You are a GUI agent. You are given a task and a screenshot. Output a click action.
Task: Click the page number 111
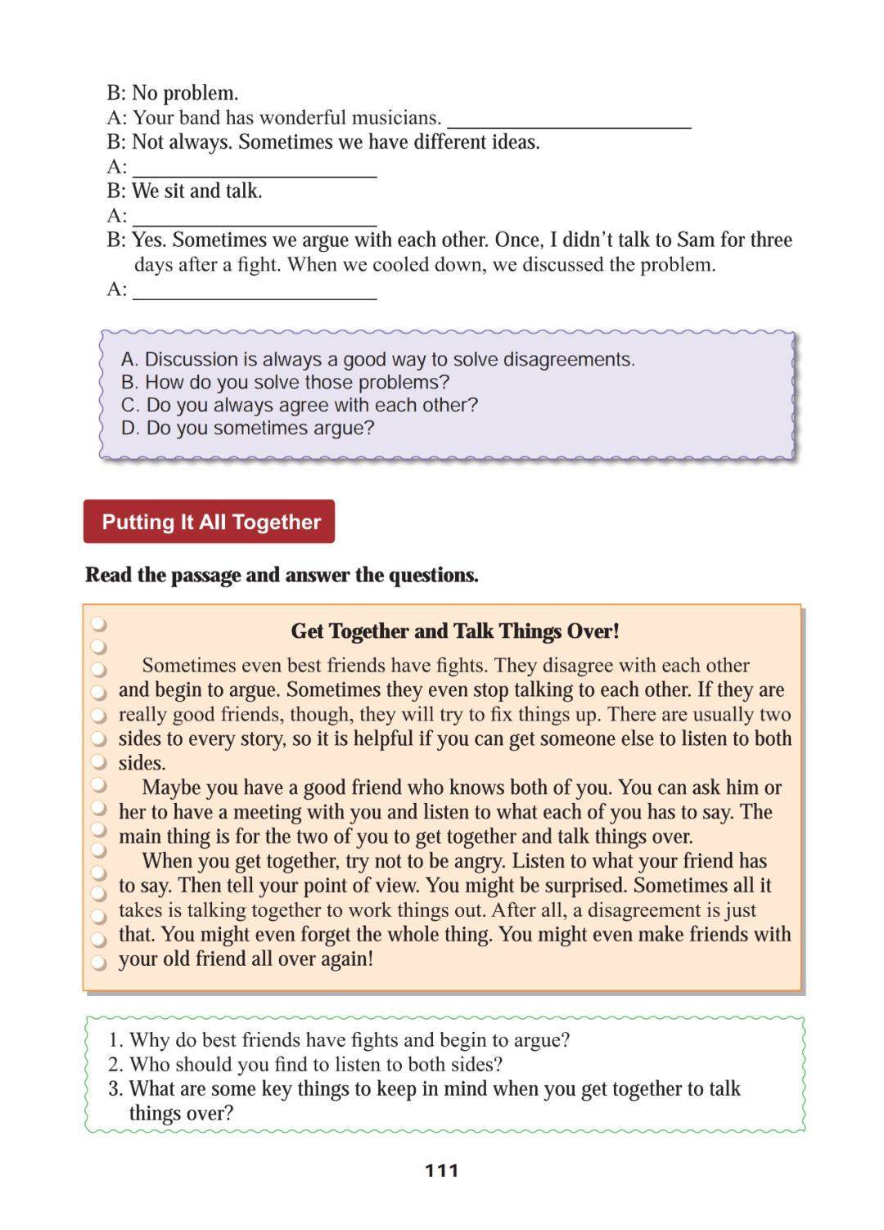point(442,1170)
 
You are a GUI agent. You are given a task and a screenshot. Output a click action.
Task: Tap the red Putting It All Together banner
point(210,522)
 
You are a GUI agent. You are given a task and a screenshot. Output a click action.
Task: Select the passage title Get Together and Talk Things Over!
point(455,631)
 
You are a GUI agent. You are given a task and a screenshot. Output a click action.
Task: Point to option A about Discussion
point(377,360)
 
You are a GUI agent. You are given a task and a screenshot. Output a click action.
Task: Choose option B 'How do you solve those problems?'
point(285,383)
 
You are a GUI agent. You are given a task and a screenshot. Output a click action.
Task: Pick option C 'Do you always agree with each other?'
point(299,406)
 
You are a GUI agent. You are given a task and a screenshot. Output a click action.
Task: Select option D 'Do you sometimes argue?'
point(247,429)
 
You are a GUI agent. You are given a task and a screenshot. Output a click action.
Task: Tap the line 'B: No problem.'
point(173,93)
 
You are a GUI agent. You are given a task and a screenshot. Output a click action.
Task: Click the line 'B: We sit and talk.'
point(184,191)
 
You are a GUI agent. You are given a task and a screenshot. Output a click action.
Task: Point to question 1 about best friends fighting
point(340,1040)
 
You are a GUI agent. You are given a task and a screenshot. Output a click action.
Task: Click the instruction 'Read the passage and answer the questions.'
point(282,575)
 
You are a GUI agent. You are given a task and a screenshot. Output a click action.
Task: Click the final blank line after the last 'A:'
point(255,293)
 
